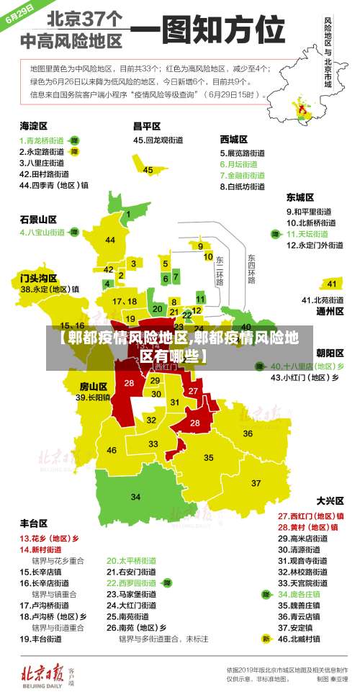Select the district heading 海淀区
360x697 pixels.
[33, 126]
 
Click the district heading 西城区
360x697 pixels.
[233, 139]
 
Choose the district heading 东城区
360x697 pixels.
[300, 197]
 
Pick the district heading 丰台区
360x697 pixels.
[33, 523]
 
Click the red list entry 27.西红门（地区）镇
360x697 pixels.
[310, 516]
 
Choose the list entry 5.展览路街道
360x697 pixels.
[244, 153]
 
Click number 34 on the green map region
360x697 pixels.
[135, 497]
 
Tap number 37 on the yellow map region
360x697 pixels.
[256, 482]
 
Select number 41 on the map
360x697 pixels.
[331, 284]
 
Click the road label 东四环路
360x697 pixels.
[251, 268]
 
